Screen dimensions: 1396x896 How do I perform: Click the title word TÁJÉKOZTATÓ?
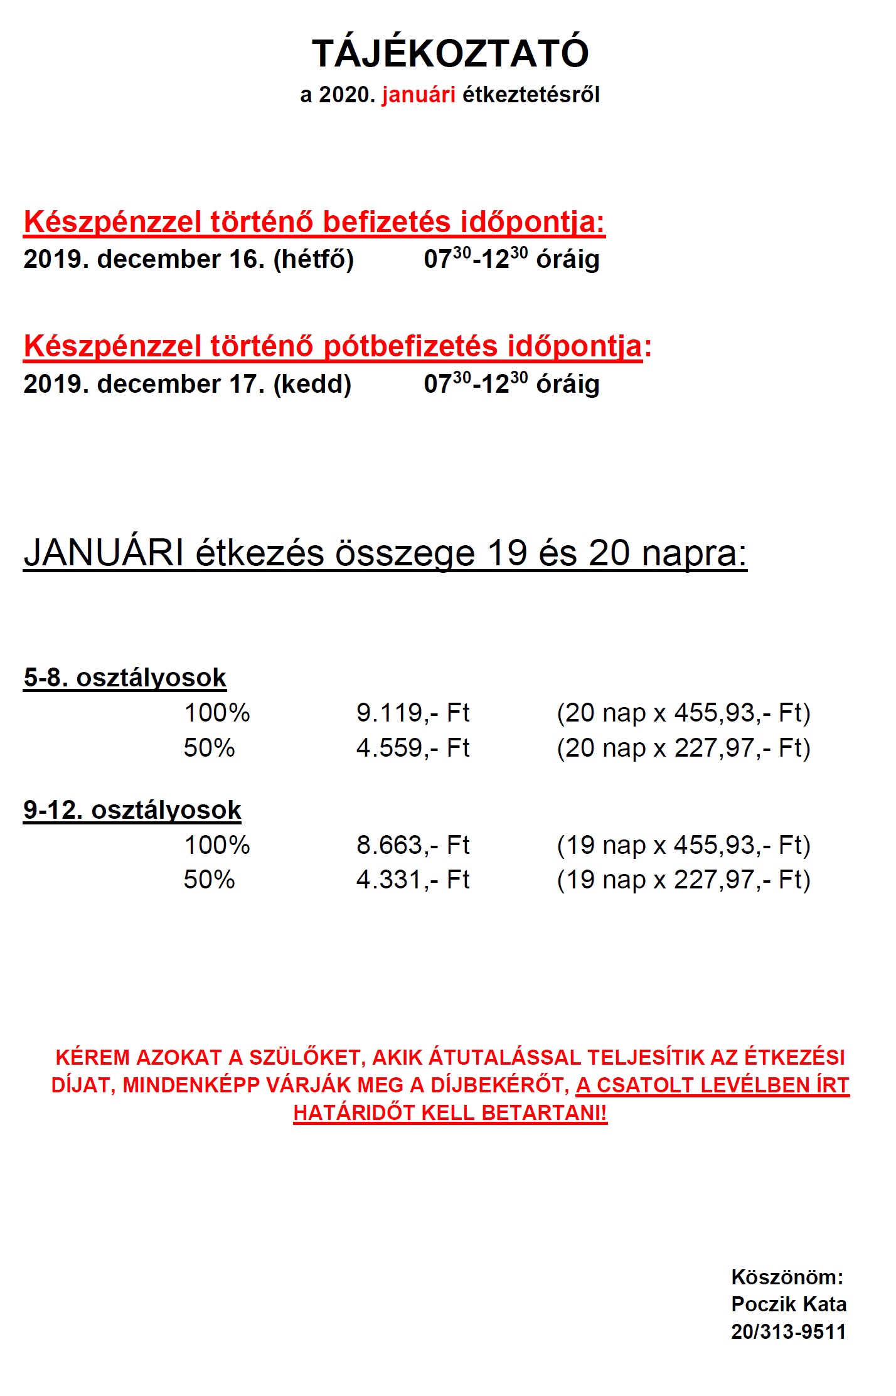coord(450,53)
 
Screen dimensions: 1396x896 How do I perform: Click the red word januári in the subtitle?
coord(419,95)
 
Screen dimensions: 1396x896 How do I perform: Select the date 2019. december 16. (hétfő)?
coord(188,259)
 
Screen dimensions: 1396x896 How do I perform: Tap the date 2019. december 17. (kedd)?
coord(187,384)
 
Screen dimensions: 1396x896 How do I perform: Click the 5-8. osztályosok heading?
coord(125,678)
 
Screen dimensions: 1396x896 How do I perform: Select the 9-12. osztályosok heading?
coord(132,810)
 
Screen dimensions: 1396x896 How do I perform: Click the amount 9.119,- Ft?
coord(413,713)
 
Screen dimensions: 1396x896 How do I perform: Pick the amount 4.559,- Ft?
coord(413,748)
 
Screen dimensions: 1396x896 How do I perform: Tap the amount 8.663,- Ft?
coord(413,845)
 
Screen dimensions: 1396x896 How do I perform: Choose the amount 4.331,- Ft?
coord(413,880)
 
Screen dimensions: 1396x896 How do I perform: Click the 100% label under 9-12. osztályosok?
coord(217,845)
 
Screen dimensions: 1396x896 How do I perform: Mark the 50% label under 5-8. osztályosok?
coord(209,748)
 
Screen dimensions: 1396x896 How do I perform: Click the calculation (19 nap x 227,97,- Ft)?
coord(683,880)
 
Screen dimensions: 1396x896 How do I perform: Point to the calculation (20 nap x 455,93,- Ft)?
coord(683,713)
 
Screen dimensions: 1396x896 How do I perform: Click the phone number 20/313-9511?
coord(788,1331)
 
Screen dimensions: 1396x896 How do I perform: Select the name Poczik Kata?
coord(789,1304)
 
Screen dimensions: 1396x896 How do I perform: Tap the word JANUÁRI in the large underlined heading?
coord(104,553)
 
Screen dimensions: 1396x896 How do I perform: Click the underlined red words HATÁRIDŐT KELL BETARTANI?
coord(450,1112)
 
